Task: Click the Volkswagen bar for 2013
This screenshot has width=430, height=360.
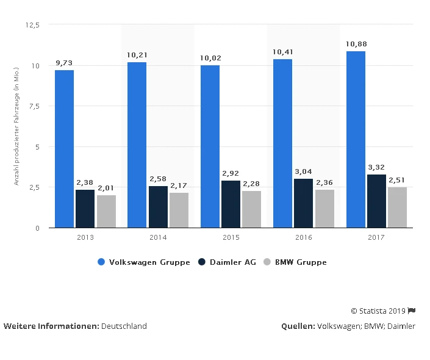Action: tap(64, 149)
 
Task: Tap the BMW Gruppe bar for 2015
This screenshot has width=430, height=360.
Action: tap(251, 209)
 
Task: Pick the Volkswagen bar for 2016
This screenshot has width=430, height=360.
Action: tap(282, 143)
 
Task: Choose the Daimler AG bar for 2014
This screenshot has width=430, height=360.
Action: tap(158, 207)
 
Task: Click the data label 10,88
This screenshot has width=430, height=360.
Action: tap(356, 44)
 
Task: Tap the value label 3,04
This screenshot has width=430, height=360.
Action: tap(303, 171)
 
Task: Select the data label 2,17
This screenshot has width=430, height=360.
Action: tap(179, 185)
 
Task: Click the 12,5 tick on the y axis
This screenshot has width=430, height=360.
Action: tap(32, 25)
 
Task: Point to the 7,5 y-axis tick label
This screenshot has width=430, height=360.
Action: tap(34, 106)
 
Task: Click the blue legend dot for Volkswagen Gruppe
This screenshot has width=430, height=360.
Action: tap(102, 262)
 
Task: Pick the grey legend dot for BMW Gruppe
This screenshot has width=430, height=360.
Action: tap(267, 262)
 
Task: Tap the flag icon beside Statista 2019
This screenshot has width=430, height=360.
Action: tap(412, 311)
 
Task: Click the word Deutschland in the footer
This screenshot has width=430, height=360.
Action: tap(124, 326)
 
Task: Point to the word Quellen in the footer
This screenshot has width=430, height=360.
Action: tap(297, 326)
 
